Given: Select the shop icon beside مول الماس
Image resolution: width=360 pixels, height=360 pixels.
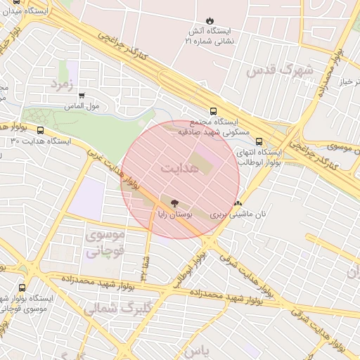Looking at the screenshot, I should (x=82, y=96).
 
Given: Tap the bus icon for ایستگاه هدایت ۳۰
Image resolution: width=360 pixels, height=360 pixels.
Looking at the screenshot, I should (x=40, y=130).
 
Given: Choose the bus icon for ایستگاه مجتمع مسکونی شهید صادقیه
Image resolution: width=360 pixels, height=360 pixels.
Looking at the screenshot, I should (x=213, y=110).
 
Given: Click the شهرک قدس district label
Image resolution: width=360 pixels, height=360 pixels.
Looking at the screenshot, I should (x=278, y=70).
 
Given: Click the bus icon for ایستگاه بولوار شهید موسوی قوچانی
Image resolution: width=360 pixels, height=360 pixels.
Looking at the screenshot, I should (x=22, y=288).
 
